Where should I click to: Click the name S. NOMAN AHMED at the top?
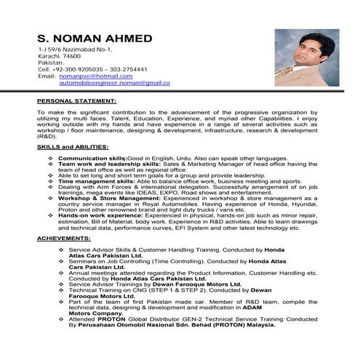click(95, 37)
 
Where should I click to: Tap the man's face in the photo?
click(296, 51)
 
